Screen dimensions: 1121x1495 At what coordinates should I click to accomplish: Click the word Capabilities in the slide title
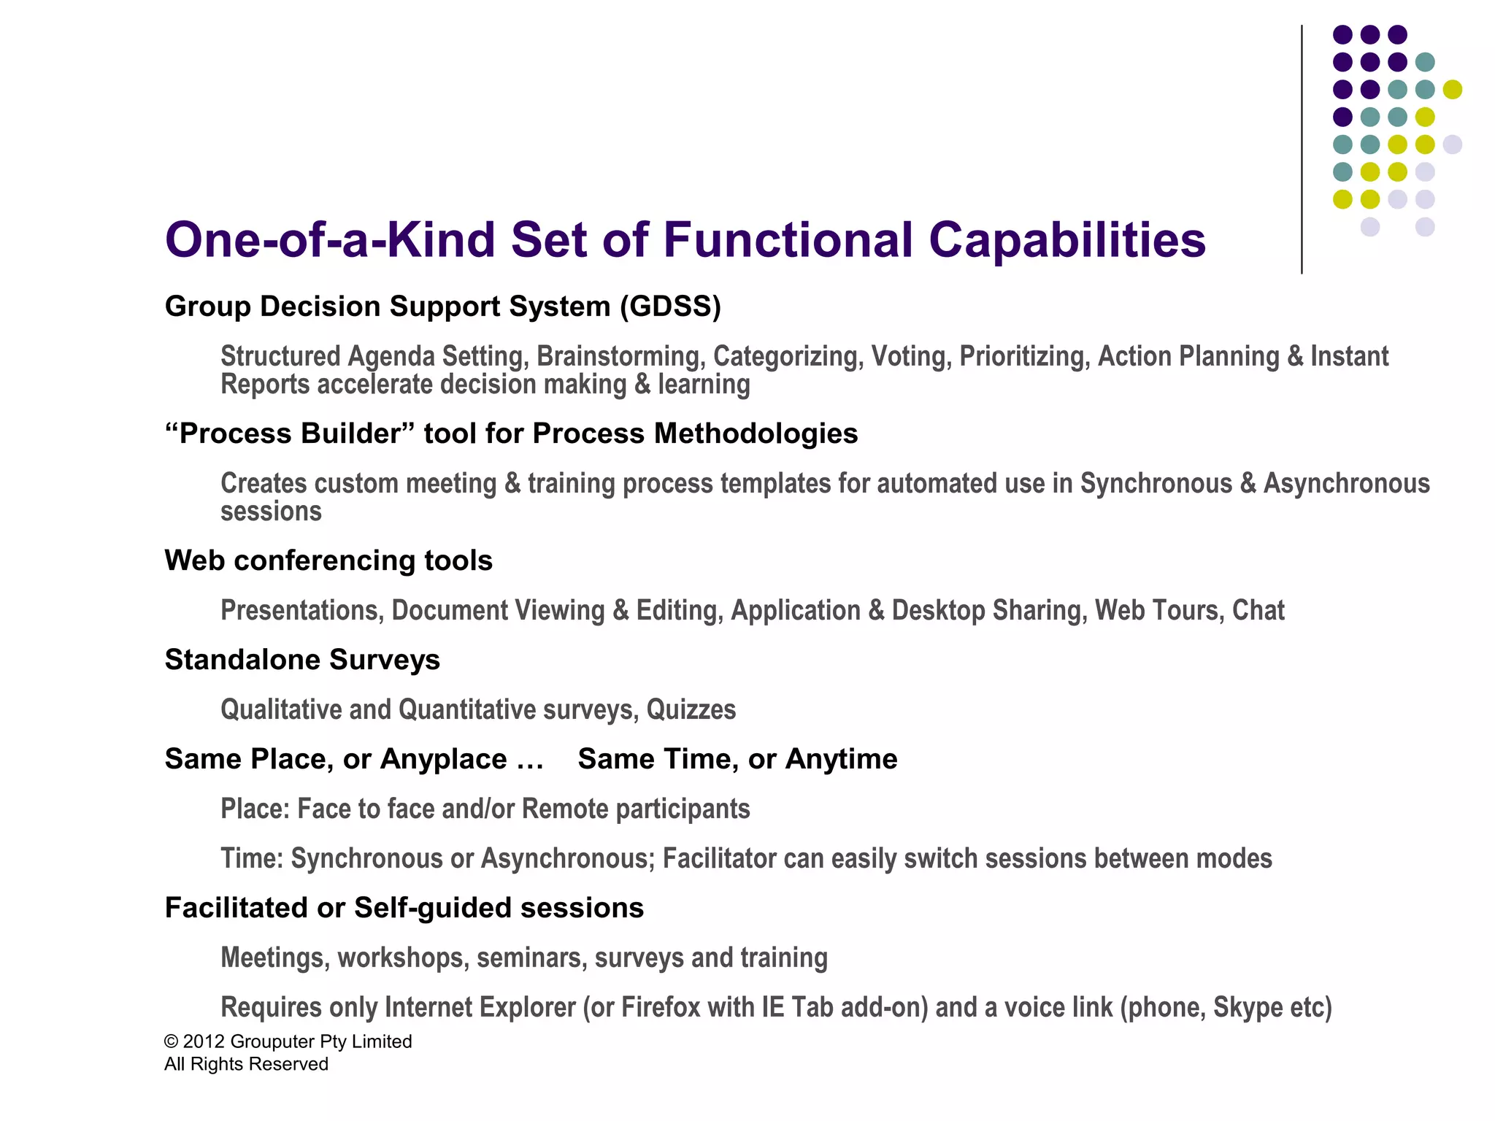(1067, 241)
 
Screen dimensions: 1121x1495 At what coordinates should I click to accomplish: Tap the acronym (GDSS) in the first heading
(670, 307)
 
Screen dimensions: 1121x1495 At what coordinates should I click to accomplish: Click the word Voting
(911, 357)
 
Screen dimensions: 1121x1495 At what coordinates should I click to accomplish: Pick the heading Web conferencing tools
(328, 560)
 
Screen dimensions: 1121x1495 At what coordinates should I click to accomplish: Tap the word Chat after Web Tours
(1258, 611)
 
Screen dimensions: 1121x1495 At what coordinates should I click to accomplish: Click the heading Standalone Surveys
(302, 660)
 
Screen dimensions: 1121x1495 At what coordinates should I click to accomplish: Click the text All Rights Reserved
(246, 1064)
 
